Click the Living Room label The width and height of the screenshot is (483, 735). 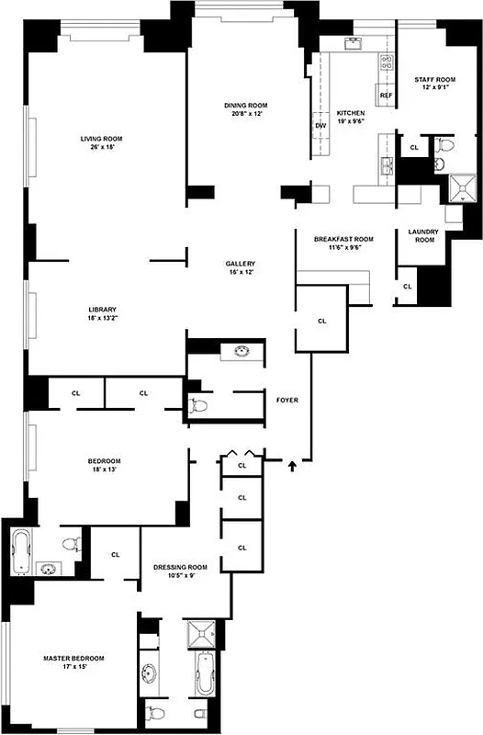(101, 139)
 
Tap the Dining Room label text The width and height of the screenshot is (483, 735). (244, 105)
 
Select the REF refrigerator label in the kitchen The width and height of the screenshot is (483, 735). (386, 96)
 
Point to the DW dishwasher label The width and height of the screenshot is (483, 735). (320, 125)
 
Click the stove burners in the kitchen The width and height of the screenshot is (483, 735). (387, 63)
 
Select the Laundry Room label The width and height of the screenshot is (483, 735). (423, 235)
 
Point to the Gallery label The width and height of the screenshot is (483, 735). (240, 263)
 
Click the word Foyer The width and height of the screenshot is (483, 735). (287, 401)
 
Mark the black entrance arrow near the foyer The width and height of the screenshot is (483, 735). (293, 467)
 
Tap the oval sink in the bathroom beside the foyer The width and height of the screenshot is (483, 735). (243, 351)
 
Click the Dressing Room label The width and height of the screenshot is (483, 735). (180, 567)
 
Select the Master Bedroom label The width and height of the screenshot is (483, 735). (74, 659)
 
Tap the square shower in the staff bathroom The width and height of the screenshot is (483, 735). (455, 188)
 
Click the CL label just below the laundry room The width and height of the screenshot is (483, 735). (407, 288)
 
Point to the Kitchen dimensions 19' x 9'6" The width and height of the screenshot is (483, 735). (351, 120)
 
